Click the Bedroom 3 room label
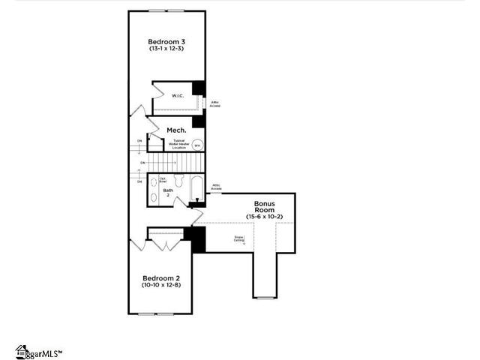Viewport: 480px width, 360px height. pyautogui.click(x=166, y=40)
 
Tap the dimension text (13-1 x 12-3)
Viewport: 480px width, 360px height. pyautogui.click(x=166, y=49)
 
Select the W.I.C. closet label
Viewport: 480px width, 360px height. pyautogui.click(x=178, y=95)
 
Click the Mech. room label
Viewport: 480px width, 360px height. pyautogui.click(x=176, y=130)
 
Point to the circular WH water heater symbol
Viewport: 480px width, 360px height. pyautogui.click(x=198, y=145)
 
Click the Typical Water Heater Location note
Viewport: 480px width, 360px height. pyautogui.click(x=178, y=144)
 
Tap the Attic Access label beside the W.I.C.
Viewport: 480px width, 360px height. pyautogui.click(x=215, y=104)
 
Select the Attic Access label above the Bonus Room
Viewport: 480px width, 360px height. pyautogui.click(x=216, y=187)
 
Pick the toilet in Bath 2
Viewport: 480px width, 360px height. pyautogui.click(x=179, y=181)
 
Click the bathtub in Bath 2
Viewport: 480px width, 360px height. pyautogui.click(x=197, y=185)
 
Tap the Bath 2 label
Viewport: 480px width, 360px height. pyautogui.click(x=168, y=193)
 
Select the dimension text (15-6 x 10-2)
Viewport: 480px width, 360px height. pyautogui.click(x=265, y=217)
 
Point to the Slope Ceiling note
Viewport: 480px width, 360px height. pyautogui.click(x=238, y=239)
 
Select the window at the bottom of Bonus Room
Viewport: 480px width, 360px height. pyautogui.click(x=265, y=298)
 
